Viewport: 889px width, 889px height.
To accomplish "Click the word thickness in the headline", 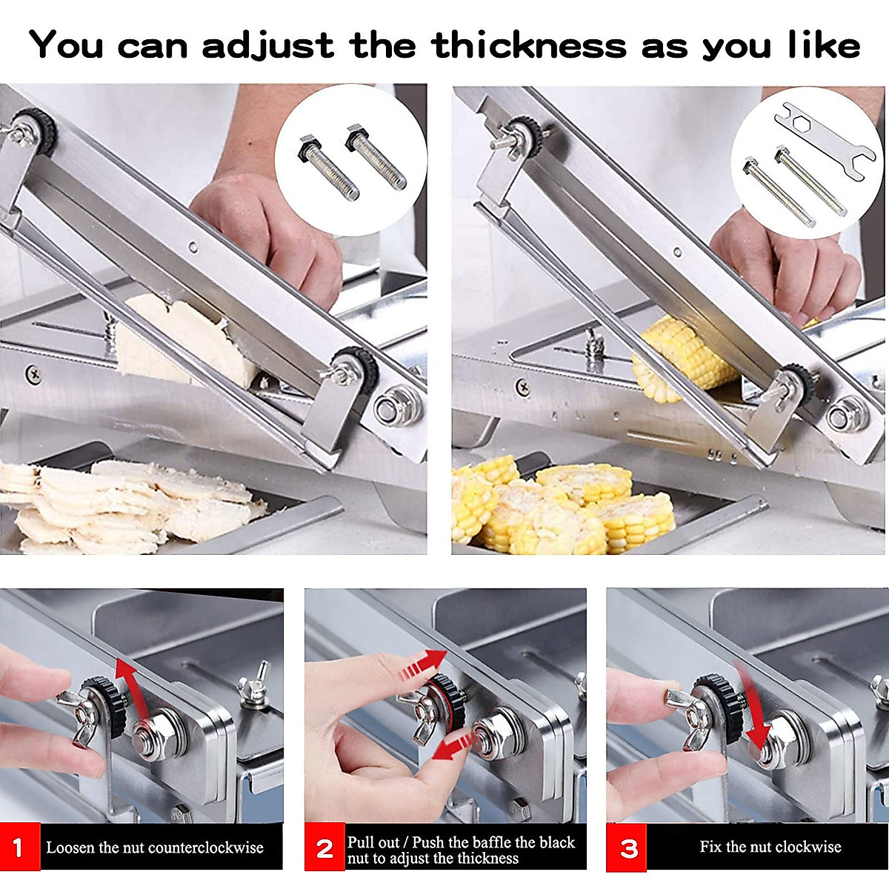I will [529, 46].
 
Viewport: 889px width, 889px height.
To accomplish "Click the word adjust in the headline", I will [267, 46].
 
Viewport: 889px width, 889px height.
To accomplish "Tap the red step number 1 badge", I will [19, 848].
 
